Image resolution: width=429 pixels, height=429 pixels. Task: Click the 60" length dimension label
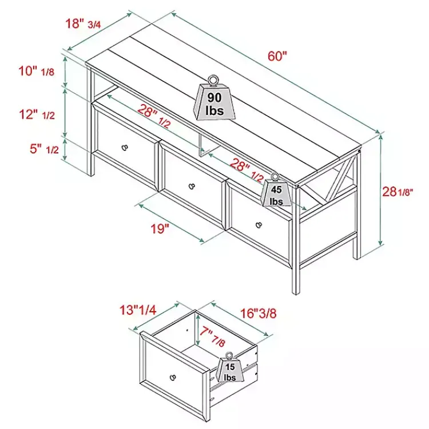pyautogui.click(x=277, y=57)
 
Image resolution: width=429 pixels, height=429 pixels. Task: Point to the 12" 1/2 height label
pyautogui.click(x=37, y=114)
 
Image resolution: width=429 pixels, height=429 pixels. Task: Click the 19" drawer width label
pyautogui.click(x=160, y=229)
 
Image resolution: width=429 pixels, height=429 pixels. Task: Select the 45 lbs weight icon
pyautogui.click(x=276, y=192)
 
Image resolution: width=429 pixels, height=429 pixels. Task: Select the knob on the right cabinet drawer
pyautogui.click(x=260, y=223)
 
